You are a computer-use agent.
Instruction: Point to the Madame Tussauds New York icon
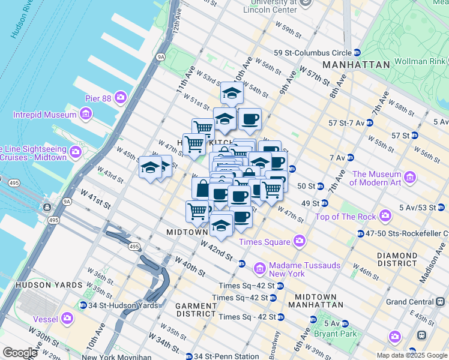click(260, 267)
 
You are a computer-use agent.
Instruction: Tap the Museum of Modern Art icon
click(411, 177)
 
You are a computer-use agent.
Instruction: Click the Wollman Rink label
click(420, 62)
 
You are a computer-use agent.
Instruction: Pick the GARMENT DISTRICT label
click(195, 310)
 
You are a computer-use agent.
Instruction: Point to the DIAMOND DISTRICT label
click(397, 259)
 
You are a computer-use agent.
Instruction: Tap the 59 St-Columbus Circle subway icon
click(357, 53)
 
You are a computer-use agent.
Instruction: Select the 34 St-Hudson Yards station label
click(125, 305)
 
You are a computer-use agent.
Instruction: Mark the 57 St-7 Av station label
click(346, 123)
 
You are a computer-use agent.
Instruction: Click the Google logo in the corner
click(20, 353)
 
